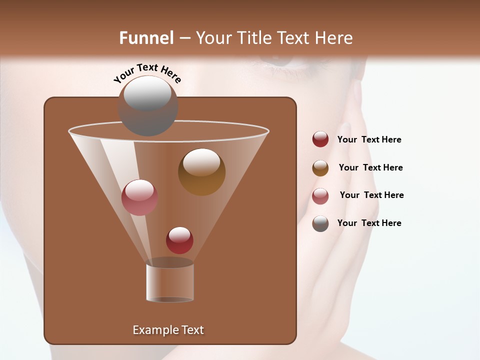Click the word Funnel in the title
(146, 38)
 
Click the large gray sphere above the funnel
(147, 105)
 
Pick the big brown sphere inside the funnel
(201, 172)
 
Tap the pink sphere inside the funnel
(139, 197)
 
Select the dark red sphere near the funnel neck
(179, 240)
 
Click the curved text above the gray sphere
(147, 72)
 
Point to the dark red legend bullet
(320, 139)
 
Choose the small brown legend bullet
(320, 168)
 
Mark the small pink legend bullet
(320, 196)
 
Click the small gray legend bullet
(320, 223)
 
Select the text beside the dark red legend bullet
(369, 139)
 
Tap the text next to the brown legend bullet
(370, 167)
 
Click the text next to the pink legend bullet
(371, 195)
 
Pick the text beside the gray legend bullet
(369, 223)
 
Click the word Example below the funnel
(155, 330)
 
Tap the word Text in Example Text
(192, 330)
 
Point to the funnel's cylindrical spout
(170, 282)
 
